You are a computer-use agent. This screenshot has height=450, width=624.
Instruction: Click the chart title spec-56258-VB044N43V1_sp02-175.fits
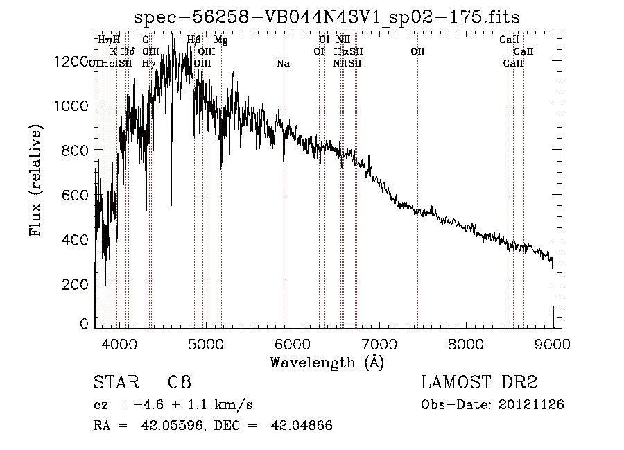[x=327, y=16]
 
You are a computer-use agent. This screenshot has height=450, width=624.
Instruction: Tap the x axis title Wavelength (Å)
[x=327, y=361]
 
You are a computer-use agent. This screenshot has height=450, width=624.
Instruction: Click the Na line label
[x=283, y=64]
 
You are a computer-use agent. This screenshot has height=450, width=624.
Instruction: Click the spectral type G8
[x=179, y=383]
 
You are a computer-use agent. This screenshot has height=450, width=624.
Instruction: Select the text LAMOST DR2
[x=479, y=383]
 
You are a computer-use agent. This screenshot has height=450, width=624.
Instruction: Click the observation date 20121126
[x=535, y=404]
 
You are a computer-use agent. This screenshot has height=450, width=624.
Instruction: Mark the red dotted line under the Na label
[x=284, y=208]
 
